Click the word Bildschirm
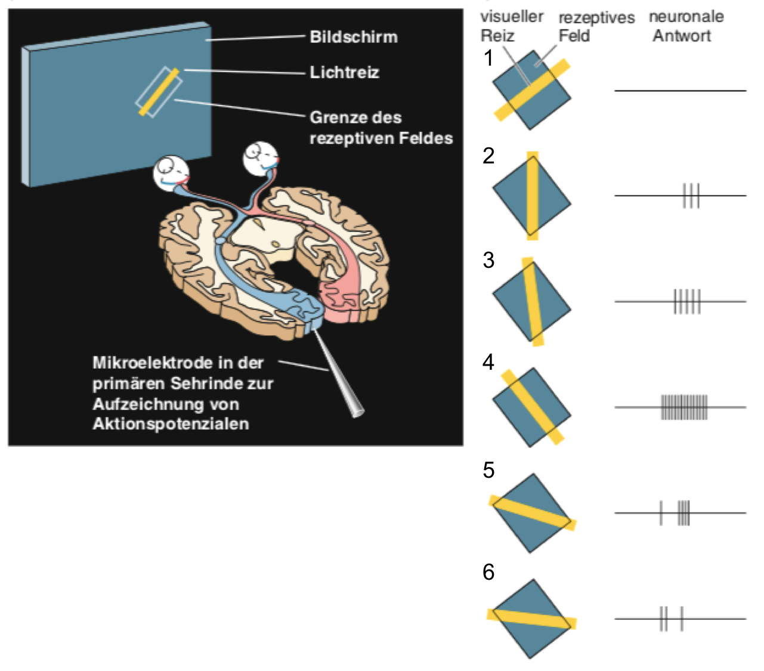pos(353,37)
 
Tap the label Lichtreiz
pos(344,72)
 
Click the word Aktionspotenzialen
pos(171,423)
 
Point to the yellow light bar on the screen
pos(159,92)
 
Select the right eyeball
pos(261,157)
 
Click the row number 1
pos(488,58)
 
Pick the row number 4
pos(488,361)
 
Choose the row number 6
pos(488,572)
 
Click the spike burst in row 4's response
pos(684,407)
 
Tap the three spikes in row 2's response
pos(691,196)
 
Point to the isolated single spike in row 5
pos(661,513)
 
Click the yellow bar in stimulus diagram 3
pos(533,301)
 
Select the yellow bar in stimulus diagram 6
pos(532,619)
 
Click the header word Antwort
pos(682,36)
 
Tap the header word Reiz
pos(497,36)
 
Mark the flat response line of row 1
pos(681,91)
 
